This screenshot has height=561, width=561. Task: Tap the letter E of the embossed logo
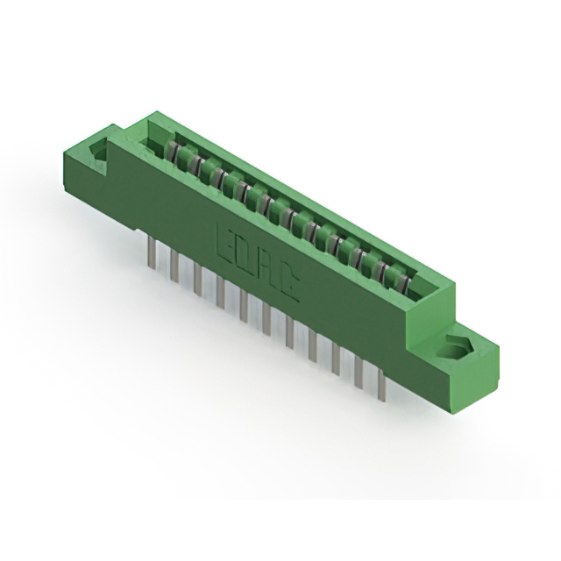pyautogui.click(x=224, y=238)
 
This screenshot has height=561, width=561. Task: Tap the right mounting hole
pyautogui.click(x=455, y=348)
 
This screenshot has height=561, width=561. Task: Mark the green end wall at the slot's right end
pyautogui.click(x=430, y=289)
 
